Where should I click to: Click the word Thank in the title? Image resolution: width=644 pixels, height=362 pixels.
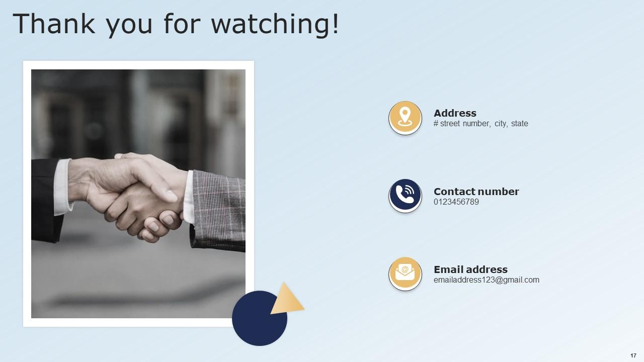pyautogui.click(x=54, y=24)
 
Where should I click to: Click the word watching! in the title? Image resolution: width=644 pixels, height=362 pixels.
pyautogui.click(x=275, y=24)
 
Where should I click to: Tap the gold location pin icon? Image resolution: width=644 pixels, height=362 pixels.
pyautogui.click(x=405, y=118)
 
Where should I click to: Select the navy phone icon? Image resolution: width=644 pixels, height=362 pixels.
pyautogui.click(x=405, y=196)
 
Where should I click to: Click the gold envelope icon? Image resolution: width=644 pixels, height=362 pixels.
pyautogui.click(x=405, y=274)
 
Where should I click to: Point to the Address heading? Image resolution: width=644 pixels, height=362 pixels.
pyautogui.click(x=455, y=113)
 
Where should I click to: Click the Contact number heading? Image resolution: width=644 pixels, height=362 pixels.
pyautogui.click(x=476, y=192)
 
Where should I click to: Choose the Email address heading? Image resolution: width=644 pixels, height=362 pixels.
pyautogui.click(x=470, y=269)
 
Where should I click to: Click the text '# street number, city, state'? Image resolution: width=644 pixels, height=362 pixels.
pyautogui.click(x=480, y=124)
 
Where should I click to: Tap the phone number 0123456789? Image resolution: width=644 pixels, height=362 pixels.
pyautogui.click(x=456, y=202)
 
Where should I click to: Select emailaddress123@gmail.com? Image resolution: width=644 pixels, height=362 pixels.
pyautogui.click(x=486, y=280)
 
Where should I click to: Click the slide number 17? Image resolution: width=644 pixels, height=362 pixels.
pyautogui.click(x=633, y=355)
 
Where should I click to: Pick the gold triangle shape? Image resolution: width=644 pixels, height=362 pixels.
pyautogui.click(x=286, y=300)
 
